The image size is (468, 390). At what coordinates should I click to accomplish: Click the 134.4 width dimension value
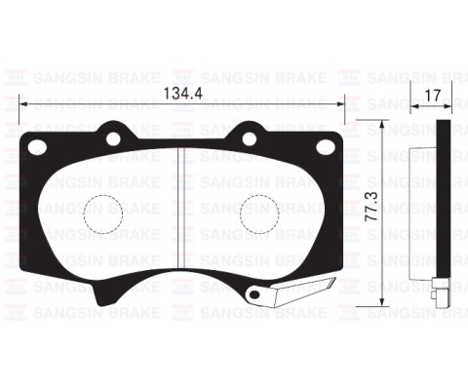click(x=182, y=94)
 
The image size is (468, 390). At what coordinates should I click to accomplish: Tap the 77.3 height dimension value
click(x=371, y=207)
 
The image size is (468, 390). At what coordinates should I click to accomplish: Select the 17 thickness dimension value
click(x=433, y=96)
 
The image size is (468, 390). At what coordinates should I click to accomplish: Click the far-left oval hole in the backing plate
click(x=37, y=147)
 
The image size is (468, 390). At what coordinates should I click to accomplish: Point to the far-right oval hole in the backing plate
click(x=326, y=147)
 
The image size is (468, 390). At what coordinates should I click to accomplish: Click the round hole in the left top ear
click(x=113, y=139)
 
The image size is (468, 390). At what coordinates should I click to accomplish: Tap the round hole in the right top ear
click(x=250, y=139)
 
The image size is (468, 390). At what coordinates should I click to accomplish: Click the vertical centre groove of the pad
click(x=181, y=208)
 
